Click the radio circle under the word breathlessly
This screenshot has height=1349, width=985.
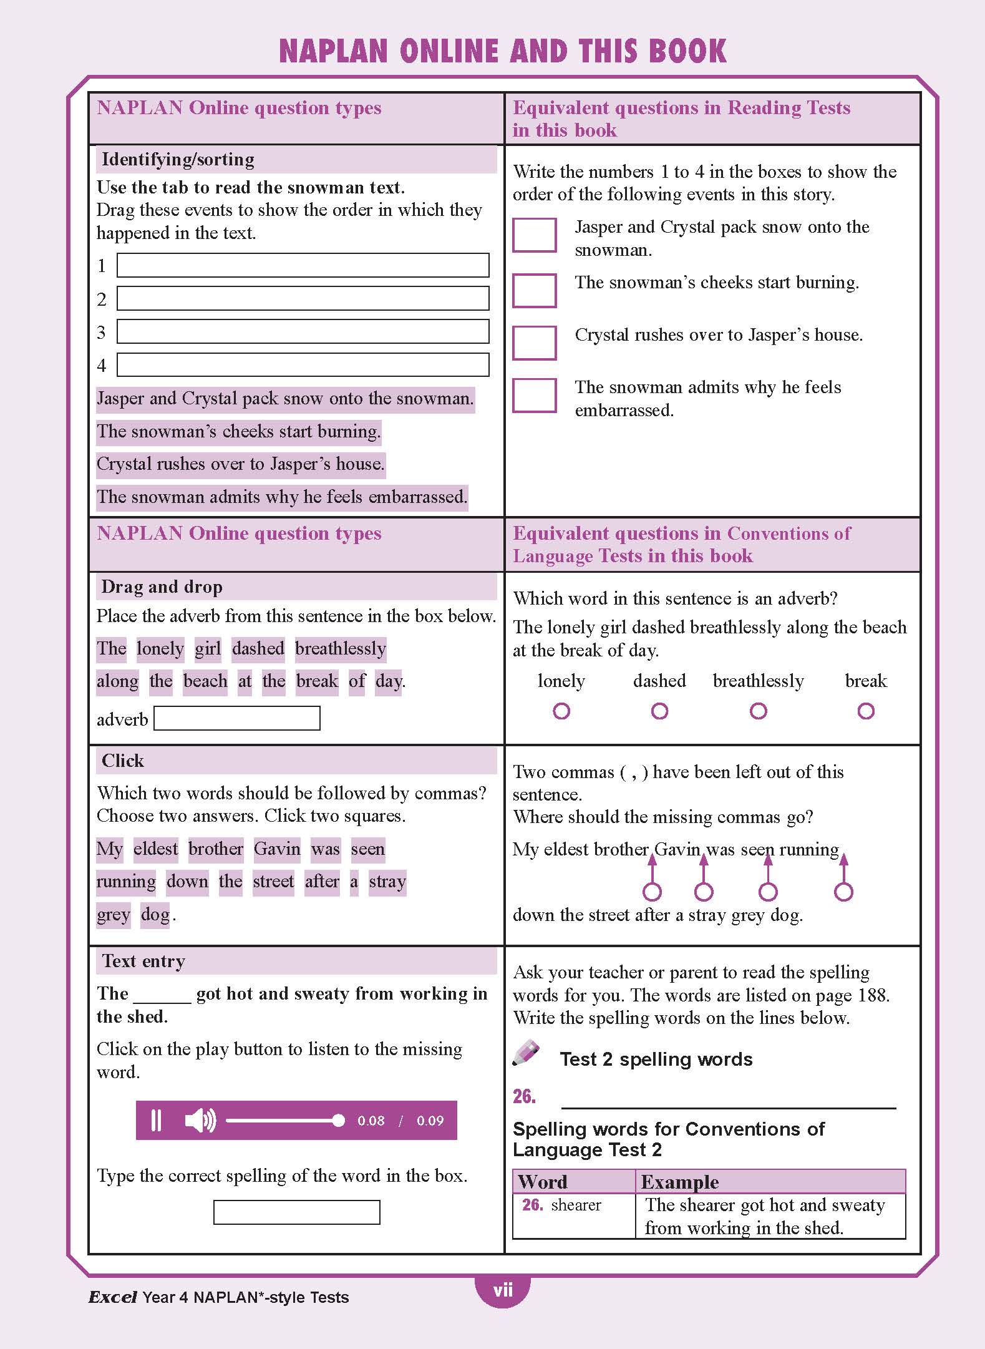pyautogui.click(x=758, y=711)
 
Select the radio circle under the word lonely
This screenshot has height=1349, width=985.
pyautogui.click(x=561, y=711)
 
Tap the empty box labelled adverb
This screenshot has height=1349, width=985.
pyautogui.click(x=237, y=718)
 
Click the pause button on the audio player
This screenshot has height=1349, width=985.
pyautogui.click(x=157, y=1120)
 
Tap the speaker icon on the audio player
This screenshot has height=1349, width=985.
pyautogui.click(x=200, y=1120)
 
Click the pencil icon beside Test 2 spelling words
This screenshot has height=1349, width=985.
pyautogui.click(x=526, y=1053)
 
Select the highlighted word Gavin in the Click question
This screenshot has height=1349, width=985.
pyautogui.click(x=277, y=849)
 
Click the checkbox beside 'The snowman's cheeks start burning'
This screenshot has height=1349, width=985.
pyautogui.click(x=534, y=290)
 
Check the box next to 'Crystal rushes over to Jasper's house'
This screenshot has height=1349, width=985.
pyautogui.click(x=534, y=343)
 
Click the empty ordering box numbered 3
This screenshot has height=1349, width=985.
pyautogui.click(x=303, y=331)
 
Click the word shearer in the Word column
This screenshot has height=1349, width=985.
pyautogui.click(x=576, y=1205)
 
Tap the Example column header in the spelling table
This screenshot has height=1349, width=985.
pyautogui.click(x=680, y=1182)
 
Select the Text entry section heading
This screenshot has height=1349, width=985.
pyautogui.click(x=143, y=961)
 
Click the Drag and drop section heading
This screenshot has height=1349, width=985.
pyautogui.click(x=162, y=587)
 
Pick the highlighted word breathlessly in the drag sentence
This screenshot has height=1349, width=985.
pyautogui.click(x=341, y=648)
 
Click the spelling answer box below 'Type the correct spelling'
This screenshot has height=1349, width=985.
pyautogui.click(x=296, y=1212)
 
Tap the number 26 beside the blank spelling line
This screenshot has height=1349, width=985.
pyautogui.click(x=524, y=1096)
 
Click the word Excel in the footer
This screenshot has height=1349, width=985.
pyautogui.click(x=112, y=1297)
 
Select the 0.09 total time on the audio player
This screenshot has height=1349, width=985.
pyautogui.click(x=430, y=1121)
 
